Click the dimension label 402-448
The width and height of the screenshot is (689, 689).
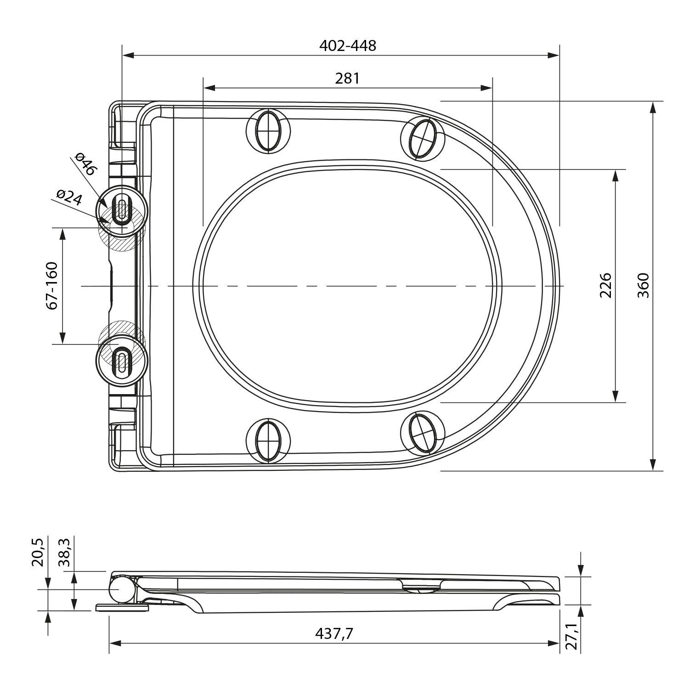coord(347,45)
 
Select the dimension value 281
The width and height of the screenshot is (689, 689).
coord(347,79)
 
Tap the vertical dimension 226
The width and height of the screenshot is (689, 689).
coord(606,285)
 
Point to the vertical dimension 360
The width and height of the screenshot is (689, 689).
coord(644,285)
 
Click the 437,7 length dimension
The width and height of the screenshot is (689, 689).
coord(334,633)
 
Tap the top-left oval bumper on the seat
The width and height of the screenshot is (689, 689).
coord(268,130)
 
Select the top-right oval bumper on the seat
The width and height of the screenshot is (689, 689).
coord(423,138)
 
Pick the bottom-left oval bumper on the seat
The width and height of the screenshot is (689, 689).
coord(268,440)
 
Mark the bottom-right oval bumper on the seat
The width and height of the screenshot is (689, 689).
coord(423,432)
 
